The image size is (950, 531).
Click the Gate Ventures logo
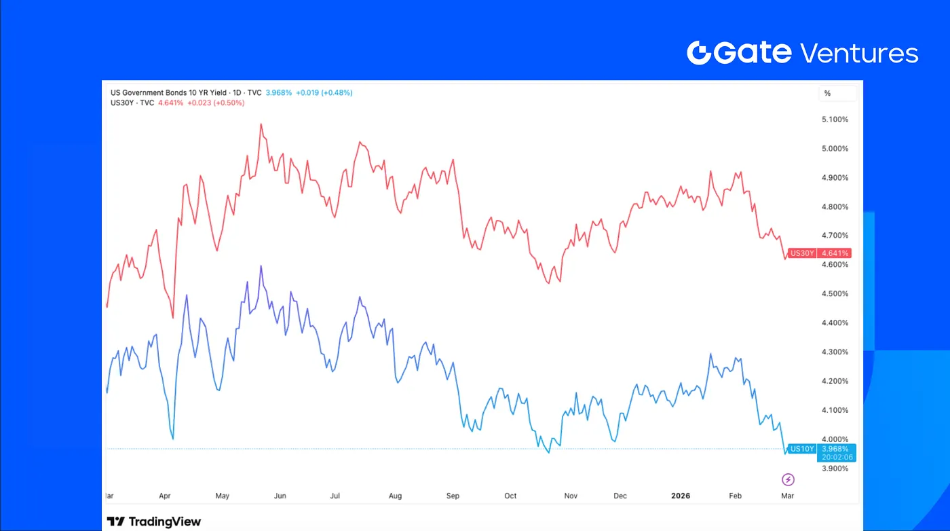802,52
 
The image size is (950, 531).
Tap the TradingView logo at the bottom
154,521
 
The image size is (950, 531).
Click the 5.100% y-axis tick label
835,120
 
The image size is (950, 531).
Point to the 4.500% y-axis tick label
835,294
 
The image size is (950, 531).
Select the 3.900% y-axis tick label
835,469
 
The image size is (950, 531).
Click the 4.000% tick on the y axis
835,439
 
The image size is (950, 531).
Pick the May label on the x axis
223,496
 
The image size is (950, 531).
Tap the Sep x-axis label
453,496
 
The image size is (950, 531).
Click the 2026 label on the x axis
680,496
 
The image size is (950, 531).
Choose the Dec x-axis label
620,496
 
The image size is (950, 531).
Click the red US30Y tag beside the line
802,253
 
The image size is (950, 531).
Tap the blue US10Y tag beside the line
802,449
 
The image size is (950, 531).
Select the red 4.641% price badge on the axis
835,253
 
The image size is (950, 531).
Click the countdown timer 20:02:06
835,458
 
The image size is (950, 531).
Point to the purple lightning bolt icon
788,480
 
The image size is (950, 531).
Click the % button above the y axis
827,94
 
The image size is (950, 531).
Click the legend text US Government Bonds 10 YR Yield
168,92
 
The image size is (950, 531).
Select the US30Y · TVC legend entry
132,103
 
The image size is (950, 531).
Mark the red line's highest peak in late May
261,124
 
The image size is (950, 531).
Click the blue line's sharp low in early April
173,439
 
